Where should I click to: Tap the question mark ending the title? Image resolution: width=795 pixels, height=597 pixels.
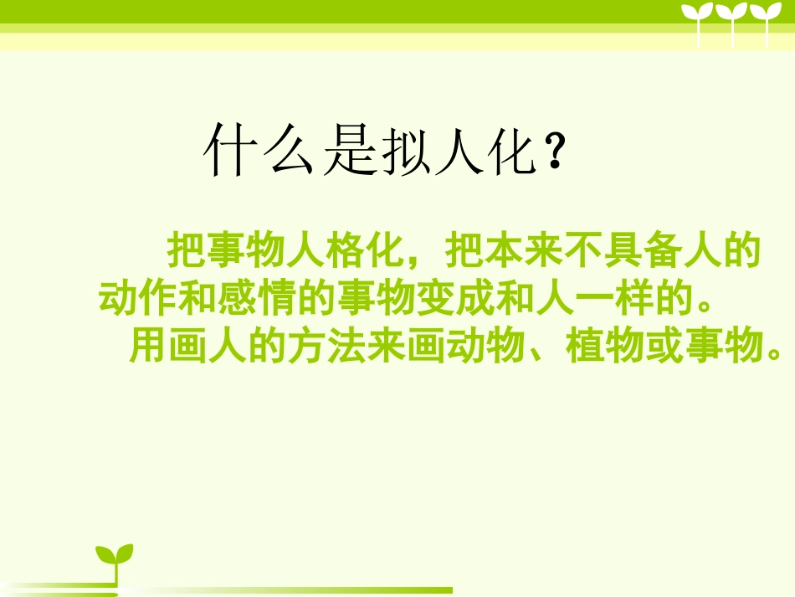[x=553, y=151]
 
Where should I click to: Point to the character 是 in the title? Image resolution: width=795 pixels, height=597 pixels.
[x=348, y=151]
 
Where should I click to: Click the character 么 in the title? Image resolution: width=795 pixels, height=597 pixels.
[x=289, y=151]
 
